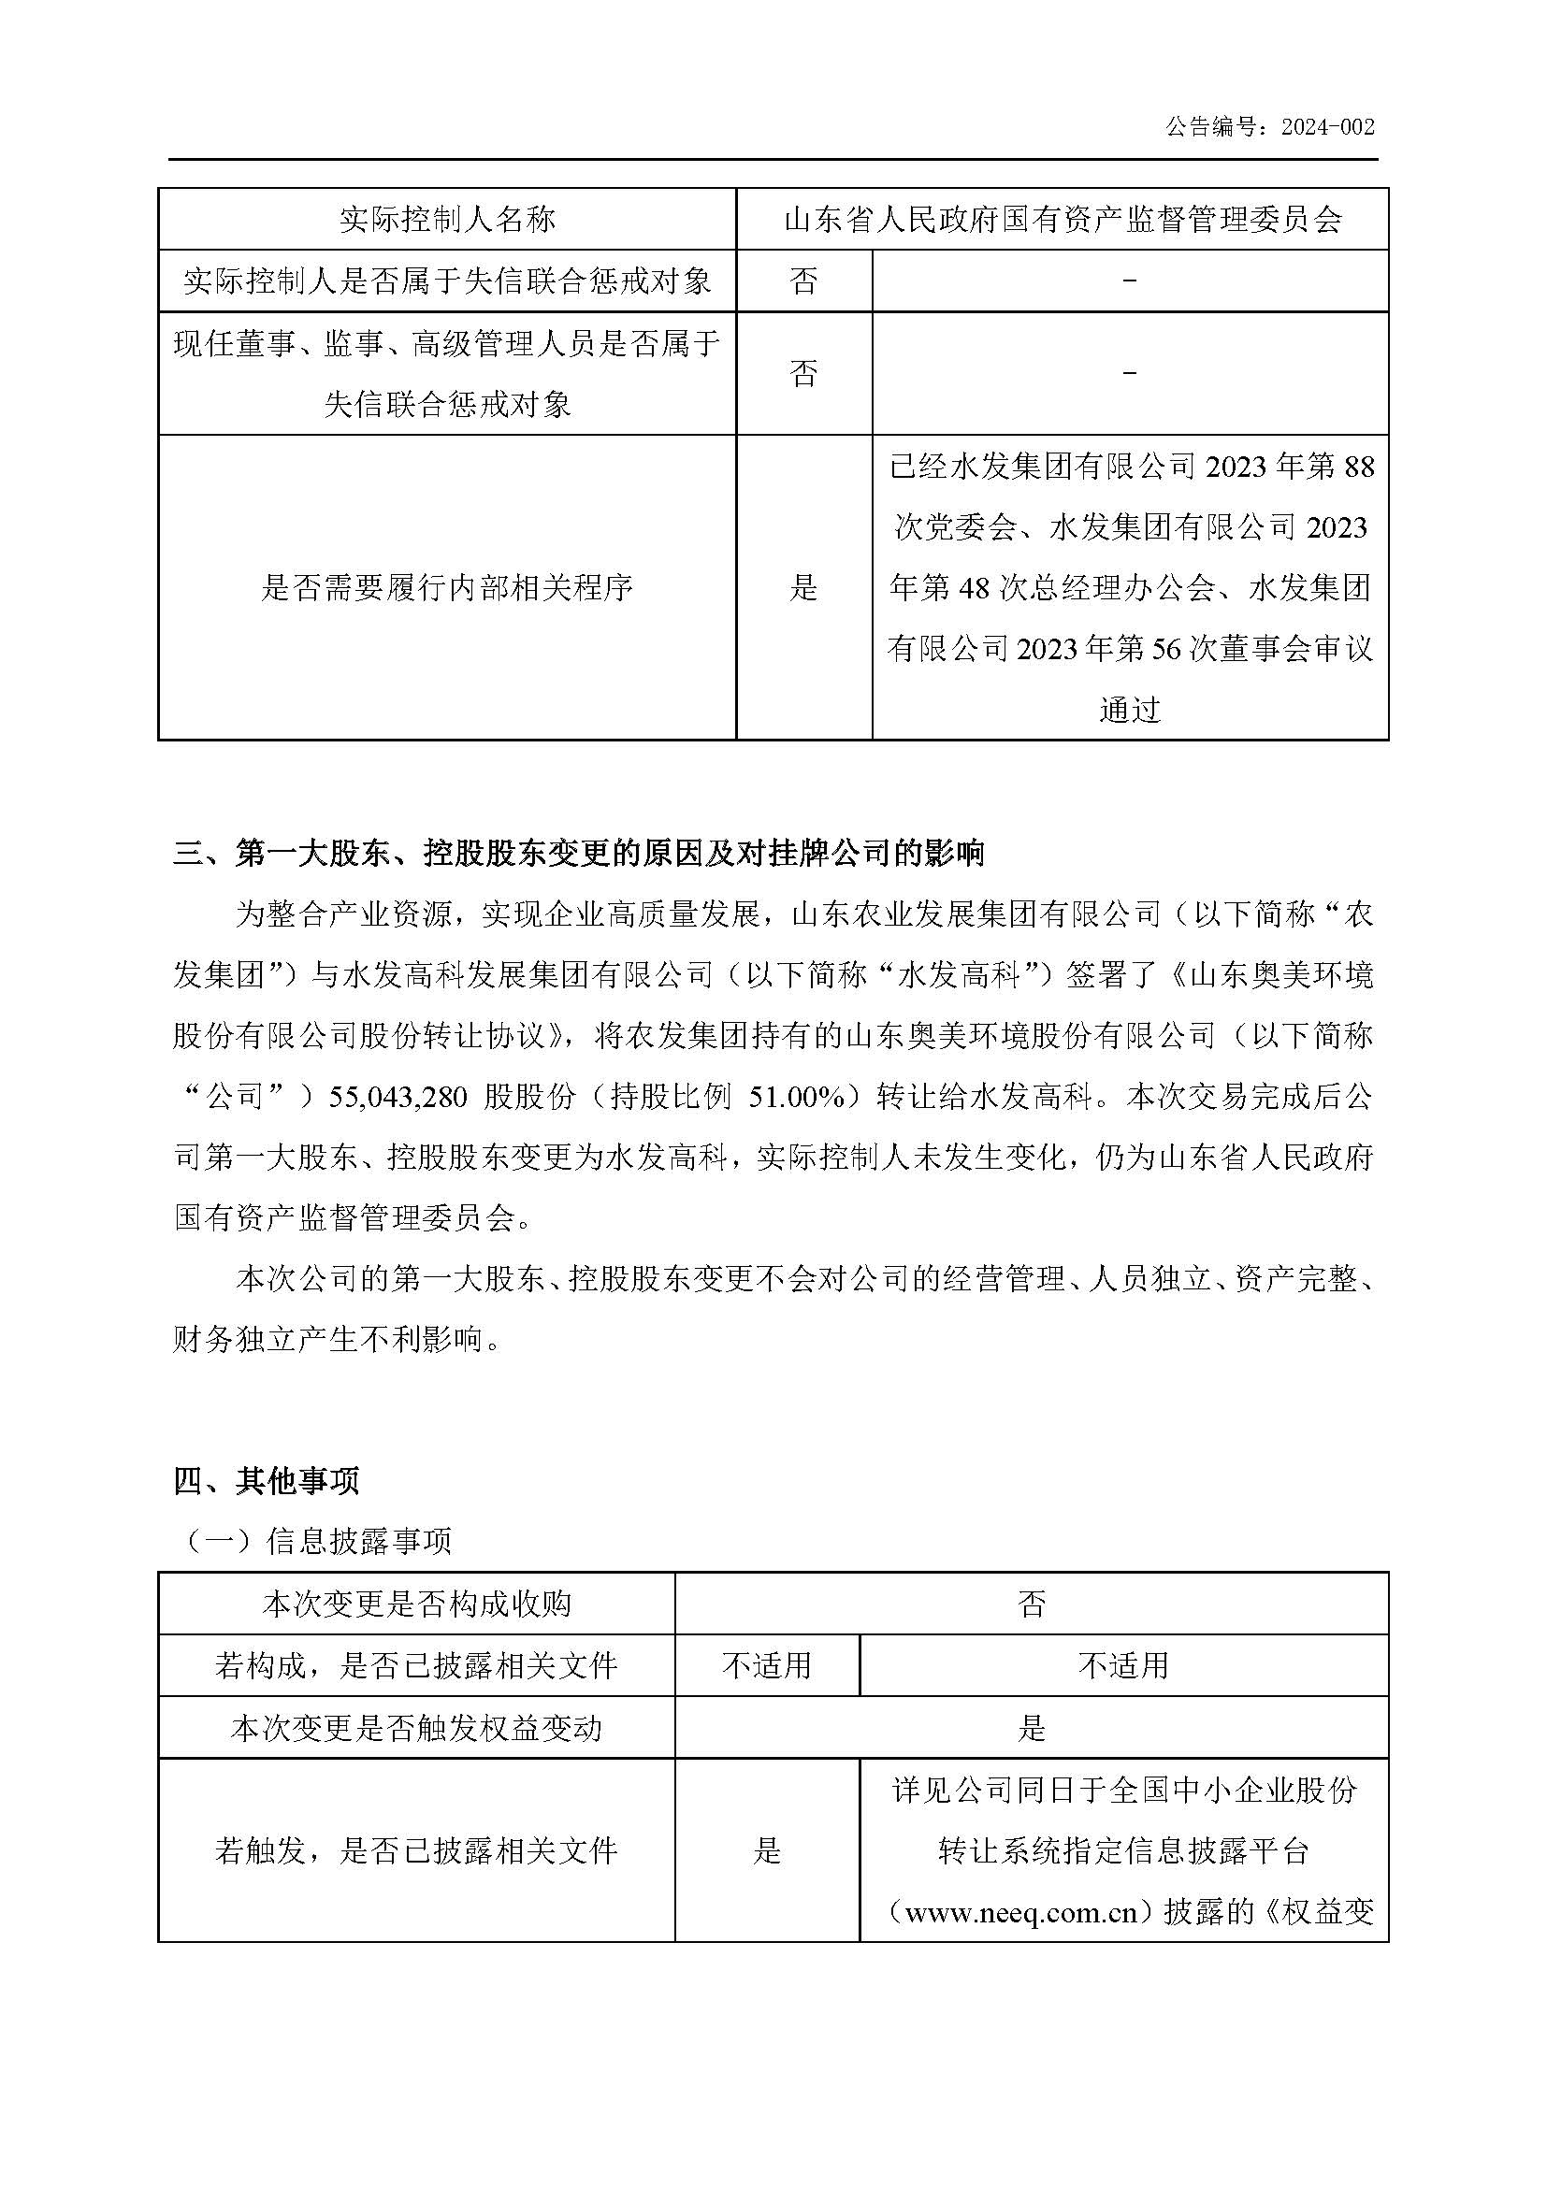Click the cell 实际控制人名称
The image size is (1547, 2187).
(x=447, y=220)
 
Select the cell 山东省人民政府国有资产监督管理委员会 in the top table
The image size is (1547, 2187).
(x=1063, y=220)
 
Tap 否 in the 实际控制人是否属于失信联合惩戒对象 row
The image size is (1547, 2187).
(x=803, y=281)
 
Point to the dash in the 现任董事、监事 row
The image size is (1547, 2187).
(x=1130, y=373)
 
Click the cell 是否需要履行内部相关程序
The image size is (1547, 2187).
(x=447, y=588)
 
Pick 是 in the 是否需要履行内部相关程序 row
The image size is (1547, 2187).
(x=803, y=588)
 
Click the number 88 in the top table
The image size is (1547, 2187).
(x=1357, y=467)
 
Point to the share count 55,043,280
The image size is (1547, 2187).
(x=398, y=1098)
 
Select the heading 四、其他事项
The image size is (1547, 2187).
(x=266, y=1480)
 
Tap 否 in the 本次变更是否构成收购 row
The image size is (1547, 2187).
(x=1031, y=1604)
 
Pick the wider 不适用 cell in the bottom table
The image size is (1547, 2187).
(x=1123, y=1665)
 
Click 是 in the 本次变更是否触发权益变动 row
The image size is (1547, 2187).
(x=1031, y=1728)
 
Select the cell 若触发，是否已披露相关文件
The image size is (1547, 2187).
(x=416, y=1850)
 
